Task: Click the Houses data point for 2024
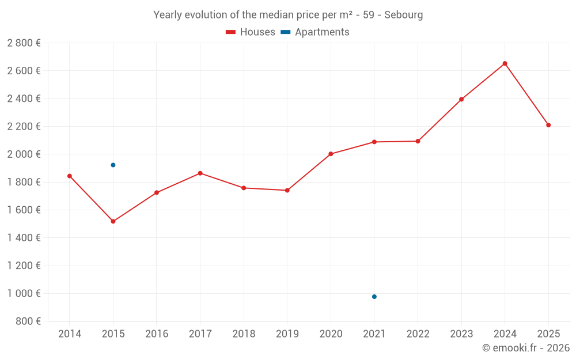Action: (x=505, y=63)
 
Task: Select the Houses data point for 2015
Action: (x=113, y=221)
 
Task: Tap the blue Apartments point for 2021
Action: (x=374, y=297)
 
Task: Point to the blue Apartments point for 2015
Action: (x=113, y=165)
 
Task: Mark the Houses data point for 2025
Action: (x=548, y=125)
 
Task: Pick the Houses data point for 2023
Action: (x=461, y=99)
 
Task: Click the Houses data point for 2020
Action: (x=331, y=154)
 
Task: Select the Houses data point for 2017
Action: (x=200, y=173)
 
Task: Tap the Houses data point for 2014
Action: (x=70, y=176)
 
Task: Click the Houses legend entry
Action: (x=251, y=32)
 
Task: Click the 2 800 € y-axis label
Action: (x=24, y=43)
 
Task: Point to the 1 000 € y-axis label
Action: (x=24, y=294)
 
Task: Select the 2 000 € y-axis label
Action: (x=24, y=154)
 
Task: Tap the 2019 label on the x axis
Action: (x=287, y=334)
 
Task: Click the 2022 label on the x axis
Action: (x=418, y=334)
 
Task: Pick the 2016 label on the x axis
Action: (x=157, y=334)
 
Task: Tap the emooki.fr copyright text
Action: (x=526, y=348)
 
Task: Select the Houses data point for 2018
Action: (x=244, y=188)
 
